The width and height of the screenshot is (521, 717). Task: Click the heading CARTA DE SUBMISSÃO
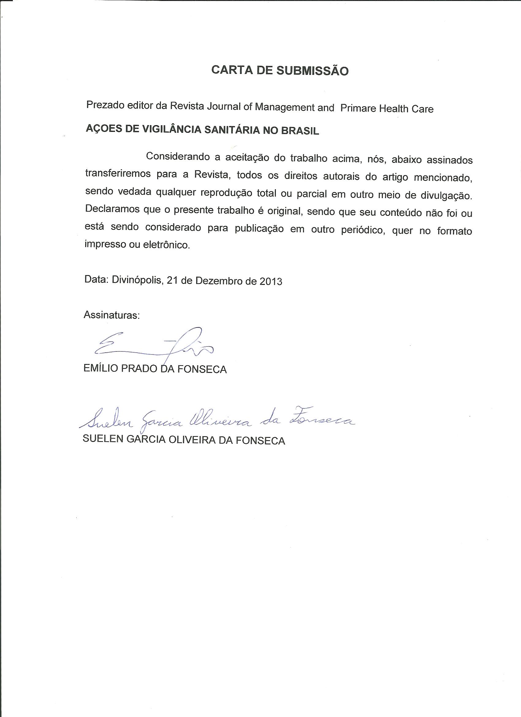click(x=280, y=70)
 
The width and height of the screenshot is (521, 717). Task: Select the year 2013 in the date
click(x=271, y=281)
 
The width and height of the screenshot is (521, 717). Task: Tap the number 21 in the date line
click(x=172, y=280)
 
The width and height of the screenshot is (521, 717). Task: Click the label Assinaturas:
click(x=111, y=315)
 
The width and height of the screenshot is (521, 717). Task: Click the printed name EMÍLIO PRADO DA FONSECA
click(x=155, y=369)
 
